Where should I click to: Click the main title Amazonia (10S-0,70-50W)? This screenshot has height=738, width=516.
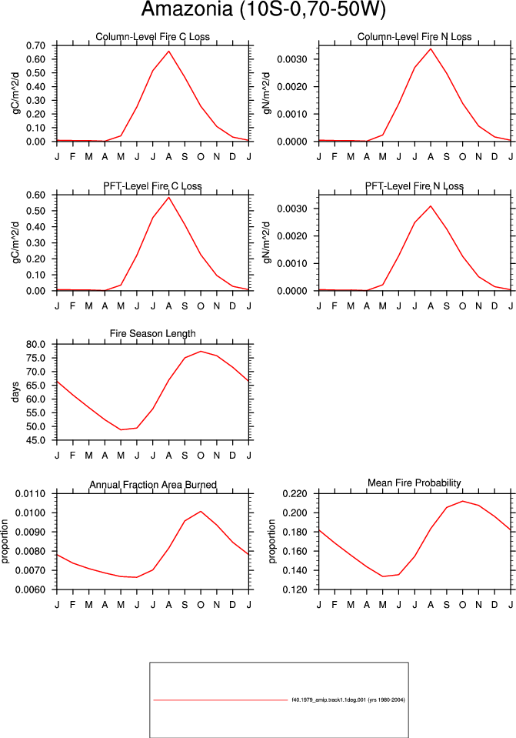tap(263, 9)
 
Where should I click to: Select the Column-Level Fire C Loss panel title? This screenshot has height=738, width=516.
tap(152, 37)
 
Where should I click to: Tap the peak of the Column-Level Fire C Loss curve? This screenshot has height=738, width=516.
tap(169, 51)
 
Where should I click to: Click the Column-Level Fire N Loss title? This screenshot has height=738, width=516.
tap(414, 37)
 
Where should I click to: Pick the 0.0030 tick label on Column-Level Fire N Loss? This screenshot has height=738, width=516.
tap(292, 59)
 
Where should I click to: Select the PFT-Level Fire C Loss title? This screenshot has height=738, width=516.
tap(152, 186)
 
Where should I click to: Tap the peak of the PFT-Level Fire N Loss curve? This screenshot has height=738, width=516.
tap(431, 205)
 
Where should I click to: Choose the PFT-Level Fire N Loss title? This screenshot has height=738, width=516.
tap(414, 186)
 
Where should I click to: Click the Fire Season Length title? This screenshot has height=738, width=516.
tap(152, 334)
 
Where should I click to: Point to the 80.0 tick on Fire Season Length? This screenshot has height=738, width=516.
tap(36, 344)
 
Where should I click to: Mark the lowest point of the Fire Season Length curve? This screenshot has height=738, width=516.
tap(121, 429)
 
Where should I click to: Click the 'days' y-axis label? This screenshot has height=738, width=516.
tap(15, 392)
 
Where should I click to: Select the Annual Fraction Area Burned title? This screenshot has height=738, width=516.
tap(153, 485)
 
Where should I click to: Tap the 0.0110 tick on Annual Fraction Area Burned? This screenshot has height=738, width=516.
tap(31, 494)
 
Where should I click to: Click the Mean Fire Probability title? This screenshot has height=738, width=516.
tap(414, 483)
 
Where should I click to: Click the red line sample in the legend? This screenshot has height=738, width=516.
tap(220, 700)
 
